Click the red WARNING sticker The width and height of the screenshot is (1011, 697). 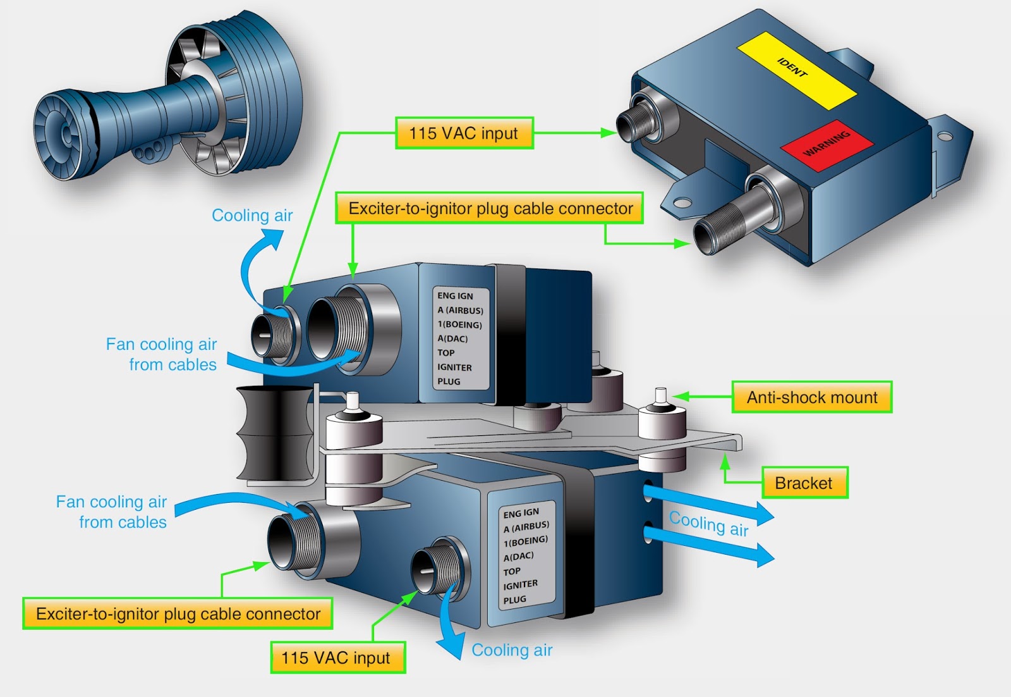point(826,145)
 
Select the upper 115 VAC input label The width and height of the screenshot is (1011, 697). point(464,133)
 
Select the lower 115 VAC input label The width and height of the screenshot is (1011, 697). point(337,658)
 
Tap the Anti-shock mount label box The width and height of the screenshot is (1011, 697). point(811,397)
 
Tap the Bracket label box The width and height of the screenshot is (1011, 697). point(804,483)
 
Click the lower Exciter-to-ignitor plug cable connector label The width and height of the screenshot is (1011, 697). point(178,614)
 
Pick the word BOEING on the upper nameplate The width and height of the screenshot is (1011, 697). point(464,324)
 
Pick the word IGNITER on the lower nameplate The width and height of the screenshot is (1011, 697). point(521,585)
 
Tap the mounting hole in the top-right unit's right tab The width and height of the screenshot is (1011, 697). point(944,136)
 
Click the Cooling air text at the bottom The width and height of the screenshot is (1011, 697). point(512,650)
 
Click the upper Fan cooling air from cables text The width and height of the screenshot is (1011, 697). point(162,354)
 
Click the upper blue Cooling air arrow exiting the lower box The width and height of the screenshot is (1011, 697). point(708,503)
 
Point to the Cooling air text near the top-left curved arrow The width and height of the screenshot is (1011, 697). point(252,216)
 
